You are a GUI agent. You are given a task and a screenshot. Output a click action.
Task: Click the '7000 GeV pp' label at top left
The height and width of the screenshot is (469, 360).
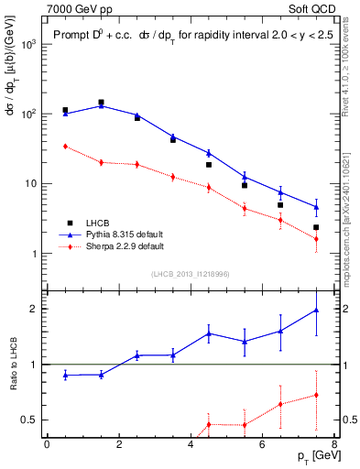(x=74, y=8)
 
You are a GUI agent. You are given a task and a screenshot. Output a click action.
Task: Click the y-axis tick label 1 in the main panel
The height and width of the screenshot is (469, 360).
(x=35, y=254)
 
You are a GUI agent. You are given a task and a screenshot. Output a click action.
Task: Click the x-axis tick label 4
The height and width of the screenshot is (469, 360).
(x=190, y=444)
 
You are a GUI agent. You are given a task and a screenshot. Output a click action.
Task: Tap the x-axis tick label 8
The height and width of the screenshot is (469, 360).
(x=333, y=444)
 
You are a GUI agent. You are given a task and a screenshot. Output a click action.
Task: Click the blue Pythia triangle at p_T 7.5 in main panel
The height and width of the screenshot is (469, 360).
(x=316, y=207)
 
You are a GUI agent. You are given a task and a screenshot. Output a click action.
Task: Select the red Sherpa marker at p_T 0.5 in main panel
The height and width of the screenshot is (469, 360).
(x=65, y=146)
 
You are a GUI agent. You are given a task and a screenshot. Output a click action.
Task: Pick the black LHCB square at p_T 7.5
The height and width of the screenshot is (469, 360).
(x=316, y=227)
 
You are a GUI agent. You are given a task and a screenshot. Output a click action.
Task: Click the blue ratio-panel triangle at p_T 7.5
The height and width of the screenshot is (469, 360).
(x=316, y=311)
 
